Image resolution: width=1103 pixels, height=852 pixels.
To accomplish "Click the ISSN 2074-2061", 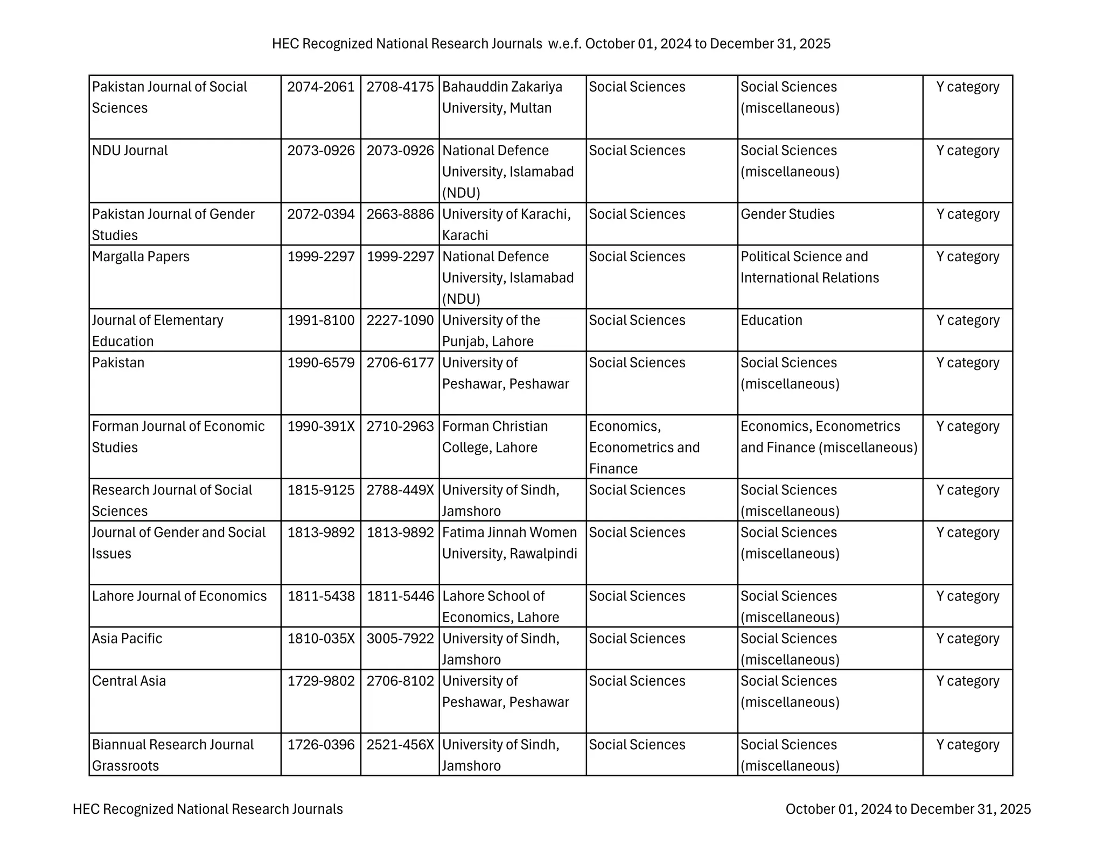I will pos(320,87).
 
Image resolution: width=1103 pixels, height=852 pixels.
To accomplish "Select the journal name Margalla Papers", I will pos(141,257).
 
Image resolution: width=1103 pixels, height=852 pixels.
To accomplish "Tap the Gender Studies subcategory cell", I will pos(787,214).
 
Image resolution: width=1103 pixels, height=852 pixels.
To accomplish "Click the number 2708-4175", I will pos(400,87).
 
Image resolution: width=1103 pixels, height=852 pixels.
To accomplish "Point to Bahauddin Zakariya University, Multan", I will pos(502,97).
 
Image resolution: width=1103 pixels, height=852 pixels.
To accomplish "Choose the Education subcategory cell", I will pos(771,320).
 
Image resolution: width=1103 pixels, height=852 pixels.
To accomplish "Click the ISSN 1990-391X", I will pos(320,427).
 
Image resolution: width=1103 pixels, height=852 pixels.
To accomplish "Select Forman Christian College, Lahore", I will pos(494,437).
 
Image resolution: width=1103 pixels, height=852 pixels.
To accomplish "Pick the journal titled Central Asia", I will pos(129,681).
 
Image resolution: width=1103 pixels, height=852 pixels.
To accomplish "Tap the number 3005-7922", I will pos(400,639).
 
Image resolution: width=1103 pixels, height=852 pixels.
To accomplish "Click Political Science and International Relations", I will pos(809,267).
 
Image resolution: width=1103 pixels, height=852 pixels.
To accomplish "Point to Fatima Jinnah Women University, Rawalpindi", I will pos(509,543).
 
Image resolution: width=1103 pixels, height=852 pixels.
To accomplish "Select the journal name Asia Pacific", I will pos(127,639).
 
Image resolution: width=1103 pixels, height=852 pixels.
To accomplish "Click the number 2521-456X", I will pos(400,745).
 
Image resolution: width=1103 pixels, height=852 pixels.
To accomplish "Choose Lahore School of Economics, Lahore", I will pos(500,606).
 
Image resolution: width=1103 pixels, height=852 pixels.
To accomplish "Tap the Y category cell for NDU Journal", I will pos(967,151).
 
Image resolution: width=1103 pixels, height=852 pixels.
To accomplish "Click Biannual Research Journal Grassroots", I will pos(172,755).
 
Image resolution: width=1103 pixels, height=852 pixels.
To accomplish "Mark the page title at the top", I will pos(551,44).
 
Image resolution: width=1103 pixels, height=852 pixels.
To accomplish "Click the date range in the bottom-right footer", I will pos(907,809).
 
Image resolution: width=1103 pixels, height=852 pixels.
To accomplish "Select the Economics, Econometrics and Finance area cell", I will pos(644,448).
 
